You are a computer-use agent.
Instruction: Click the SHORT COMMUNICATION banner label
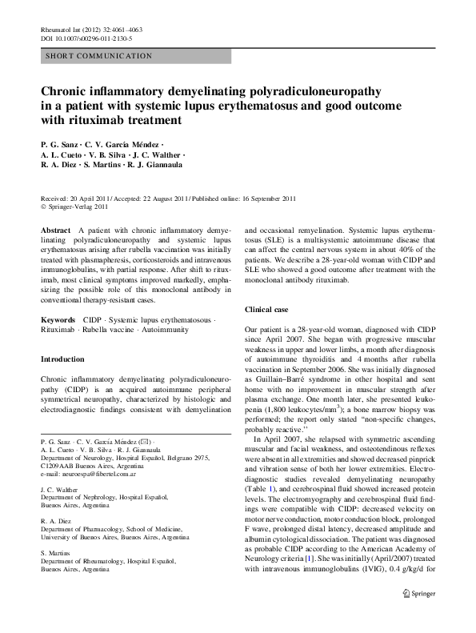point(99,56)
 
